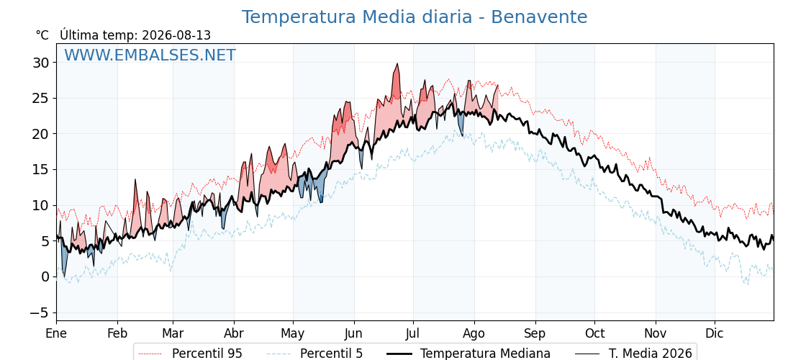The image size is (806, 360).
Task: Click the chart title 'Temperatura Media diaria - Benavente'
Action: coord(415,17)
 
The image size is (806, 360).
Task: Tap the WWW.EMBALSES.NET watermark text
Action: coord(150,55)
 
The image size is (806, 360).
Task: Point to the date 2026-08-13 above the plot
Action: coord(176,35)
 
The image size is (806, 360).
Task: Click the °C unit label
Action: coord(42,35)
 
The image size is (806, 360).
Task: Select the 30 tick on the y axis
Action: coord(41,63)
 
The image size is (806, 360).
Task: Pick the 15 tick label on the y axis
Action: coord(41,170)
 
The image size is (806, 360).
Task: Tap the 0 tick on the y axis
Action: coord(46,277)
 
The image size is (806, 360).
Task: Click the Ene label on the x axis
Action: coord(57,333)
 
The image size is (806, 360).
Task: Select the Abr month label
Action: coord(234,333)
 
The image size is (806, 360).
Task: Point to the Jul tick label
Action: coord(413,333)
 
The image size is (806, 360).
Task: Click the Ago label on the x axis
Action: coord(474,333)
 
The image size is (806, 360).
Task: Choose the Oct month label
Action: coord(594,333)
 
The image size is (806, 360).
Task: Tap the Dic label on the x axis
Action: coord(715,333)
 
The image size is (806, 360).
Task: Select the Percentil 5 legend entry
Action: coord(315,354)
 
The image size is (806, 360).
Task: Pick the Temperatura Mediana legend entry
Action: coord(467,354)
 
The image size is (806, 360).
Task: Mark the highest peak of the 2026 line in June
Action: coord(397,64)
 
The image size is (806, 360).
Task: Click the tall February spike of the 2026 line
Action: coord(135,179)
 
